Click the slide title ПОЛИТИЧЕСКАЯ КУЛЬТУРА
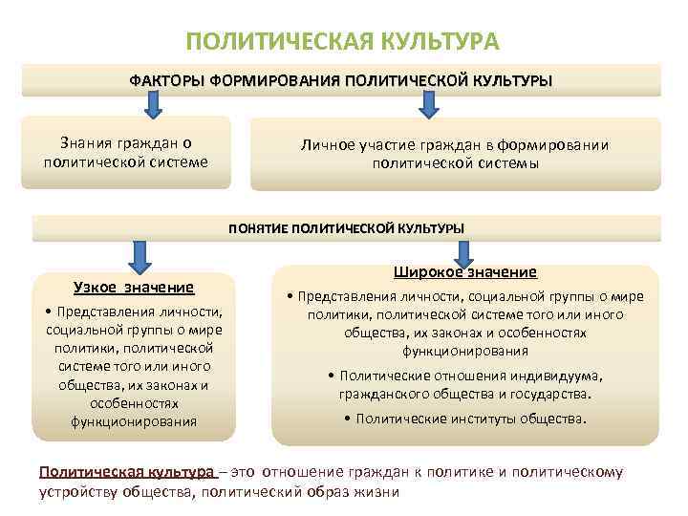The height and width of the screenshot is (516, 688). coord(342,42)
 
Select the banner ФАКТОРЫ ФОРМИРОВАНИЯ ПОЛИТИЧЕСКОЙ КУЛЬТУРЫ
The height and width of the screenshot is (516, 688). coord(341,80)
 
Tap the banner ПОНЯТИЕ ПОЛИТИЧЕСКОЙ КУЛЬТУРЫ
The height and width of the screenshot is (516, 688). coord(346,228)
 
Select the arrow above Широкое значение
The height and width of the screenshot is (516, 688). coord(464,253)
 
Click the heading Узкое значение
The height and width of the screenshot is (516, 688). coord(134,288)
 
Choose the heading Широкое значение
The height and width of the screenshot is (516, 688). coord(466,272)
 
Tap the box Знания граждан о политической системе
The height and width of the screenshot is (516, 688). coord(125,153)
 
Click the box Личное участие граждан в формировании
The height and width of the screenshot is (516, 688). coord(455,154)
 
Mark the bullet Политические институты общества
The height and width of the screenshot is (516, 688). coord(466,419)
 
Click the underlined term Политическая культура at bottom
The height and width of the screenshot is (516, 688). coord(126,472)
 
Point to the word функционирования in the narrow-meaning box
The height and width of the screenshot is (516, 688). coord(134,421)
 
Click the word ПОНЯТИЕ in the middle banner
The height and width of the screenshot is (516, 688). coord(257,228)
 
